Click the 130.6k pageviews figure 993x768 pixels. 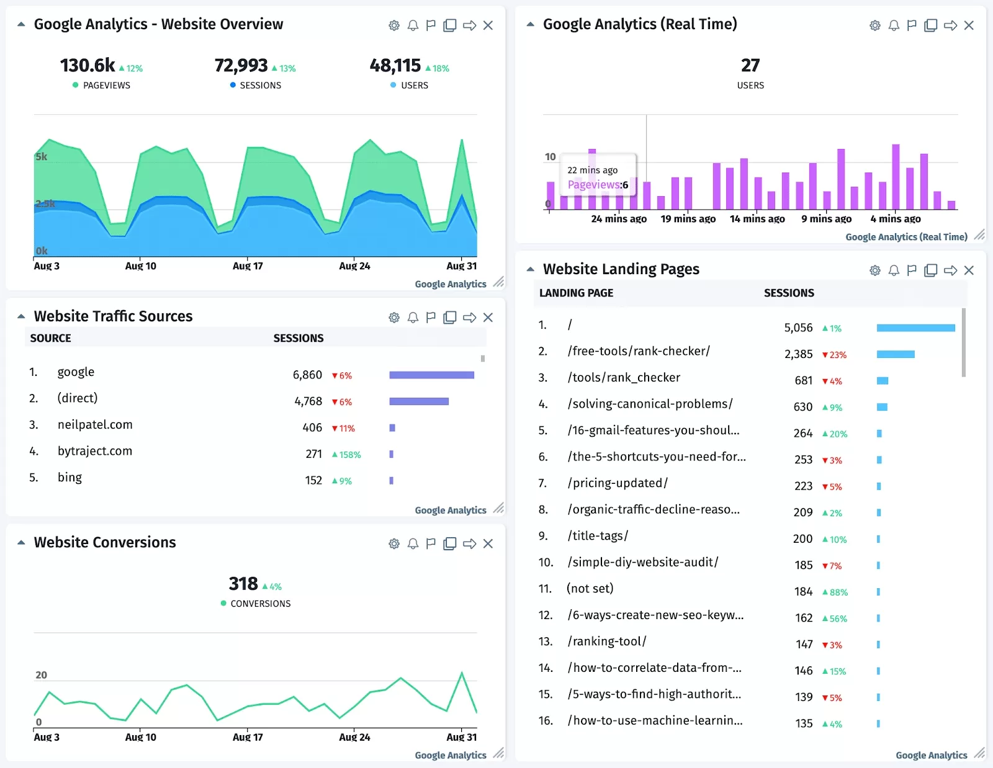tap(88, 66)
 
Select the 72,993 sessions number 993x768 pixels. tap(241, 66)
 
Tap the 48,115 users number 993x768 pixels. tap(395, 66)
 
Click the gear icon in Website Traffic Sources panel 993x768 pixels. tap(394, 318)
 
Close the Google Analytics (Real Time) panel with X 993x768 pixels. tap(969, 25)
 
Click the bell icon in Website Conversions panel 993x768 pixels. tap(413, 544)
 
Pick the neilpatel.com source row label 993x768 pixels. tap(95, 425)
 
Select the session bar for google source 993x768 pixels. tap(431, 375)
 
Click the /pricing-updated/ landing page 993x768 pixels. tap(618, 483)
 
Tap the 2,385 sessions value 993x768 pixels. tap(798, 354)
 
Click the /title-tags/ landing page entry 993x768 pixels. tap(598, 536)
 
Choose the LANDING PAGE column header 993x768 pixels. tap(576, 293)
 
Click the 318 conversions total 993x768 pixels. tap(243, 584)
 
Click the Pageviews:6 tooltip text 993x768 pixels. tap(598, 185)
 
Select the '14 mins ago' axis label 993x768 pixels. tap(757, 219)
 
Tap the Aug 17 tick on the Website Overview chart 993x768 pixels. tap(248, 266)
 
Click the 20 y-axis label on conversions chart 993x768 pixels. tap(41, 675)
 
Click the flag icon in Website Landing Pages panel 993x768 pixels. tap(912, 270)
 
